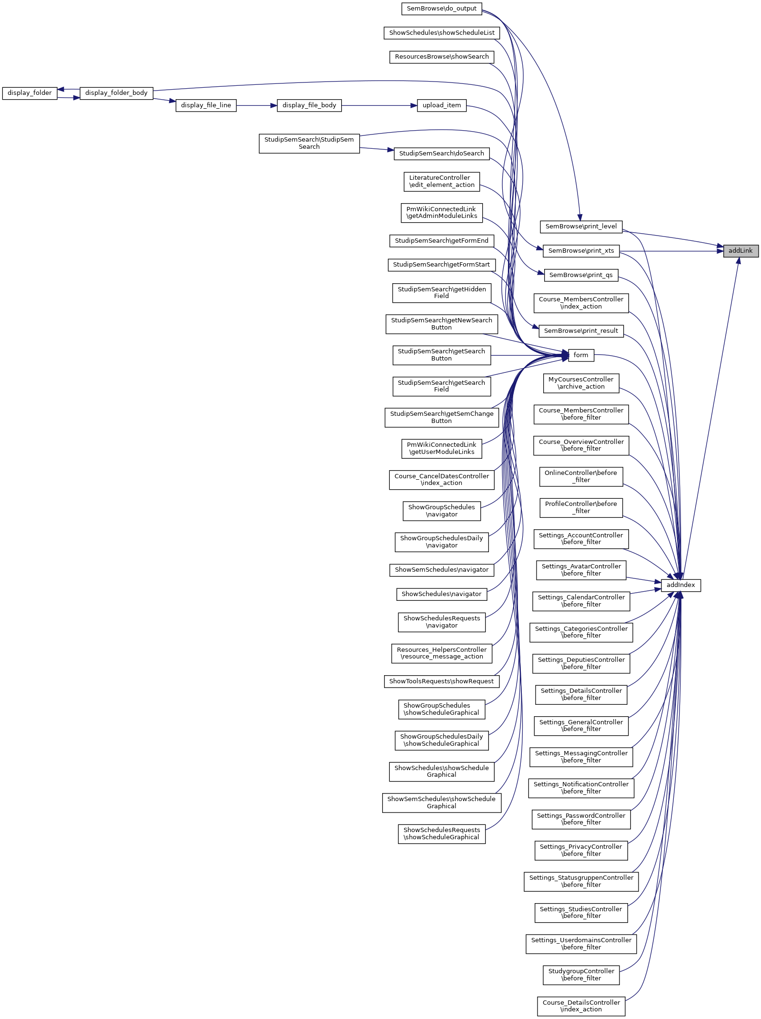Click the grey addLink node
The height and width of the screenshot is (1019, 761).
coord(741,251)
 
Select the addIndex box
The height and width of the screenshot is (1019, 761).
coord(680,585)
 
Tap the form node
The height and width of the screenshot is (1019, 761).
coord(581,355)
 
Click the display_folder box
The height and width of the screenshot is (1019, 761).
coord(30,93)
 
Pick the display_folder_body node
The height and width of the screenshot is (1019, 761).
coord(116,93)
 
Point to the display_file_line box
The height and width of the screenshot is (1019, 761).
coord(206,105)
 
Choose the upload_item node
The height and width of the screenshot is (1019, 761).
coord(442,105)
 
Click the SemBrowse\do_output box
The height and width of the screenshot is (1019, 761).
coord(441,9)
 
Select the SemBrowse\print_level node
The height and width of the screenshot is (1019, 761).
coord(581,226)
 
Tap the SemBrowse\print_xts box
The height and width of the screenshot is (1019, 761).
coord(581,251)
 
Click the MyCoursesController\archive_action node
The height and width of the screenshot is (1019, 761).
coord(581,383)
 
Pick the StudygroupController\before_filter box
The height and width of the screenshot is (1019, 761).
coord(581,975)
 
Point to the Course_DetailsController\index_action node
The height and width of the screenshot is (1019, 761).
coord(581,1006)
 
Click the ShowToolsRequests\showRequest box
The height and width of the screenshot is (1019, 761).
coord(441,681)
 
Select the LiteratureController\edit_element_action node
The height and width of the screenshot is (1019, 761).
coord(441,181)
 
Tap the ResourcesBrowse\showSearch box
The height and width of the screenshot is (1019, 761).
coord(442,57)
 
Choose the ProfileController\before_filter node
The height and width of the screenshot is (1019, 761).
coord(581,507)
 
